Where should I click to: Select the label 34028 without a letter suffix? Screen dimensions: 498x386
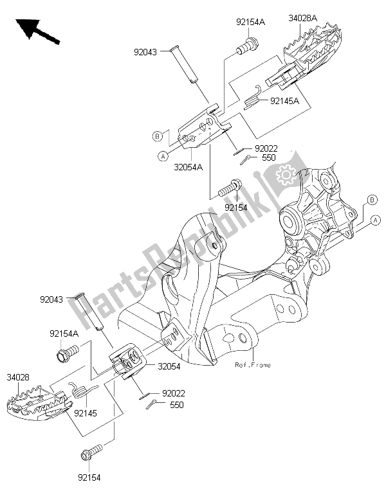point(17,375)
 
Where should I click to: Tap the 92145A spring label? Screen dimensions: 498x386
point(285,100)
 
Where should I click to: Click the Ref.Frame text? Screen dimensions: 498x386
point(253,365)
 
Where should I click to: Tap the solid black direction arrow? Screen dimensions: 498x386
point(35,31)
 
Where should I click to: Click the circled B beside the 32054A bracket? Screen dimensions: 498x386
point(157,136)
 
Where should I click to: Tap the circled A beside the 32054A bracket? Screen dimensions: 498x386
point(164,156)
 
